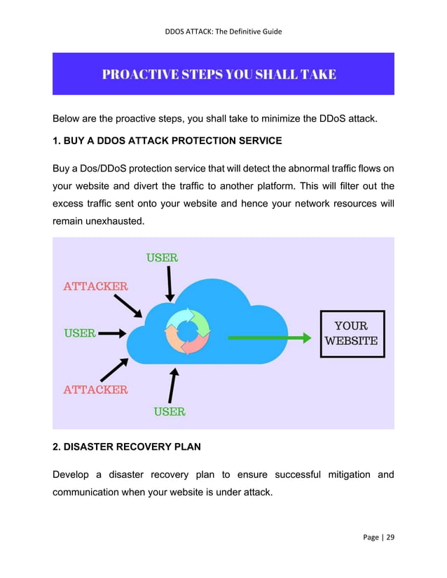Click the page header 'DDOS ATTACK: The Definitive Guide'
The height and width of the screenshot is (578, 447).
224,31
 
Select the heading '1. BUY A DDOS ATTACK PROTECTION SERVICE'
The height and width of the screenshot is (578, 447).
167,141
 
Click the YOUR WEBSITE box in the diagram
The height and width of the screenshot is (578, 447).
352,334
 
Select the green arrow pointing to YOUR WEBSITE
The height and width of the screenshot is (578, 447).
270,338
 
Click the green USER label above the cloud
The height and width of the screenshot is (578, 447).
162,258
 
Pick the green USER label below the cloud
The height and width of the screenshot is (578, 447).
170,411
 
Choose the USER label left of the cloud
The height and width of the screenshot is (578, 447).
80,333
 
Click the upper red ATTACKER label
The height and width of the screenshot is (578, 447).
96,286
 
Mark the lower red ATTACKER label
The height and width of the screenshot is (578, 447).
96,389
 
